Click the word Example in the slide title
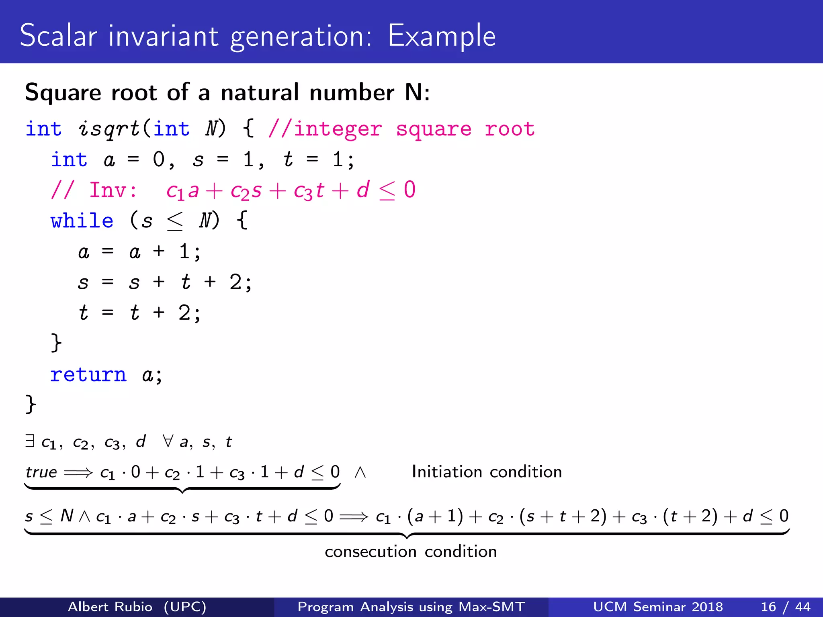click(442, 36)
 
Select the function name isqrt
click(109, 129)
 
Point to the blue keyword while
click(82, 221)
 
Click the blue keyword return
click(88, 375)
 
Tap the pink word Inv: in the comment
click(113, 190)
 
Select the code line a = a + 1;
click(139, 252)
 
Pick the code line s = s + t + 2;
click(165, 282)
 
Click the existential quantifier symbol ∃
click(30, 441)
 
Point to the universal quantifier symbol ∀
click(168, 441)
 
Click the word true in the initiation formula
click(41, 472)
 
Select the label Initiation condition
click(487, 472)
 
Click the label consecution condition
click(411, 552)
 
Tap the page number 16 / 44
click(785, 607)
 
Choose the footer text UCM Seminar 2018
click(658, 607)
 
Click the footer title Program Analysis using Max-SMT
click(411, 607)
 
